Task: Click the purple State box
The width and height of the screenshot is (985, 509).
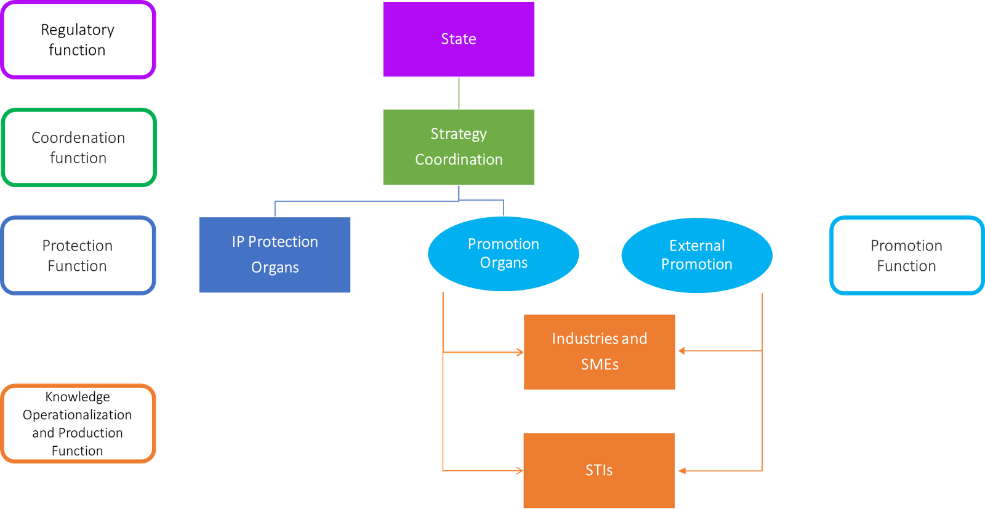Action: pos(459,39)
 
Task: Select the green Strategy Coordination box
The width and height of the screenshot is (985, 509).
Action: pos(459,147)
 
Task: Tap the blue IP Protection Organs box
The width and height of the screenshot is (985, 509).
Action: pos(275,254)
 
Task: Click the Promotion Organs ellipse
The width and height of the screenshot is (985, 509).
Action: pos(503,254)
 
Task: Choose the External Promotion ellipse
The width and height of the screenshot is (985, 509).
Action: pos(696,255)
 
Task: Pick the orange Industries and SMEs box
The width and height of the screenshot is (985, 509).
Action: pos(599,351)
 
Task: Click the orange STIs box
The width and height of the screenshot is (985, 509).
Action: pos(599,470)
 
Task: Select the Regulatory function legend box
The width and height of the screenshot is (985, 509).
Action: pos(78,40)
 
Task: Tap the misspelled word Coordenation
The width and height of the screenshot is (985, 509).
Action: pos(78,137)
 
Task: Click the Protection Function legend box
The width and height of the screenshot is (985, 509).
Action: pos(78,255)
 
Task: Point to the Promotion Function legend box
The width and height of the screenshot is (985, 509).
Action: pos(906,255)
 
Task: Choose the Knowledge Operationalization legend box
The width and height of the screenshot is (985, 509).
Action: pos(78,423)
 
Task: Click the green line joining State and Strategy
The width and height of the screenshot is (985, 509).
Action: pos(459,93)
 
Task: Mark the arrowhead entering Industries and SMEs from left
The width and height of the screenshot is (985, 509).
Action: pos(519,353)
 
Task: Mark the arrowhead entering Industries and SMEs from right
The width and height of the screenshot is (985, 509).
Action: pos(681,351)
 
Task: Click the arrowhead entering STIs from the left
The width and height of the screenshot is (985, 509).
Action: pos(519,471)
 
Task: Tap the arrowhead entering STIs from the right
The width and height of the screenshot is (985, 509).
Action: pos(681,471)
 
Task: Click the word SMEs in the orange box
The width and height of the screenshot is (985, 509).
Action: pos(600,364)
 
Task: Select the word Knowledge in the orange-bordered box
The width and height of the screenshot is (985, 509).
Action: pos(78,397)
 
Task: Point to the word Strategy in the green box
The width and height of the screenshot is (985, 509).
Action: pos(459,134)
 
